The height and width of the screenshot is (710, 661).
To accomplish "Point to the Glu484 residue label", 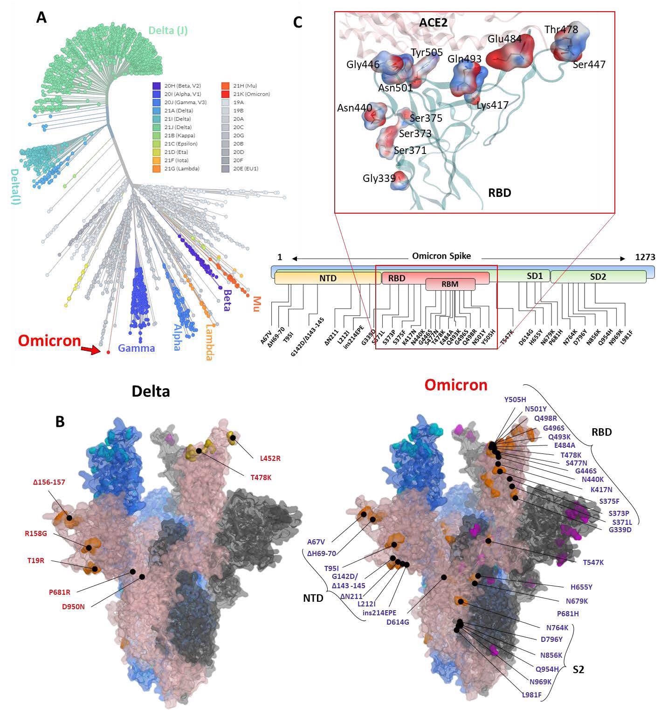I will pyautogui.click(x=505, y=39).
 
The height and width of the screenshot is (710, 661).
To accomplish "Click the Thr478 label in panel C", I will pyautogui.click(x=561, y=30).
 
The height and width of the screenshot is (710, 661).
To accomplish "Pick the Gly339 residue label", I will pyautogui.click(x=379, y=178).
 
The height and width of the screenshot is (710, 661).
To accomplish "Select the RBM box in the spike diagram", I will pyautogui.click(x=450, y=284).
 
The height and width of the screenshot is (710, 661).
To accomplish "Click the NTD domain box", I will pyautogui.click(x=328, y=278).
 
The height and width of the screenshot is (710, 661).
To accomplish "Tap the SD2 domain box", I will pyautogui.click(x=598, y=277).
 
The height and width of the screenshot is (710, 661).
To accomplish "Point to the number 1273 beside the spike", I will pyautogui.click(x=645, y=257).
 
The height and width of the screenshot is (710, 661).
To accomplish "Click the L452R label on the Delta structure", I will pyautogui.click(x=270, y=458).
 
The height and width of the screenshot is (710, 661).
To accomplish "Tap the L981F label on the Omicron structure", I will pyautogui.click(x=531, y=695).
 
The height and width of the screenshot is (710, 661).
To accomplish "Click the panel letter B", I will pyautogui.click(x=60, y=422).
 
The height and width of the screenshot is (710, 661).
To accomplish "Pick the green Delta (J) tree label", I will pyautogui.click(x=168, y=31).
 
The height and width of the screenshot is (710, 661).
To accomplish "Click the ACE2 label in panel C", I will pyautogui.click(x=433, y=22).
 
